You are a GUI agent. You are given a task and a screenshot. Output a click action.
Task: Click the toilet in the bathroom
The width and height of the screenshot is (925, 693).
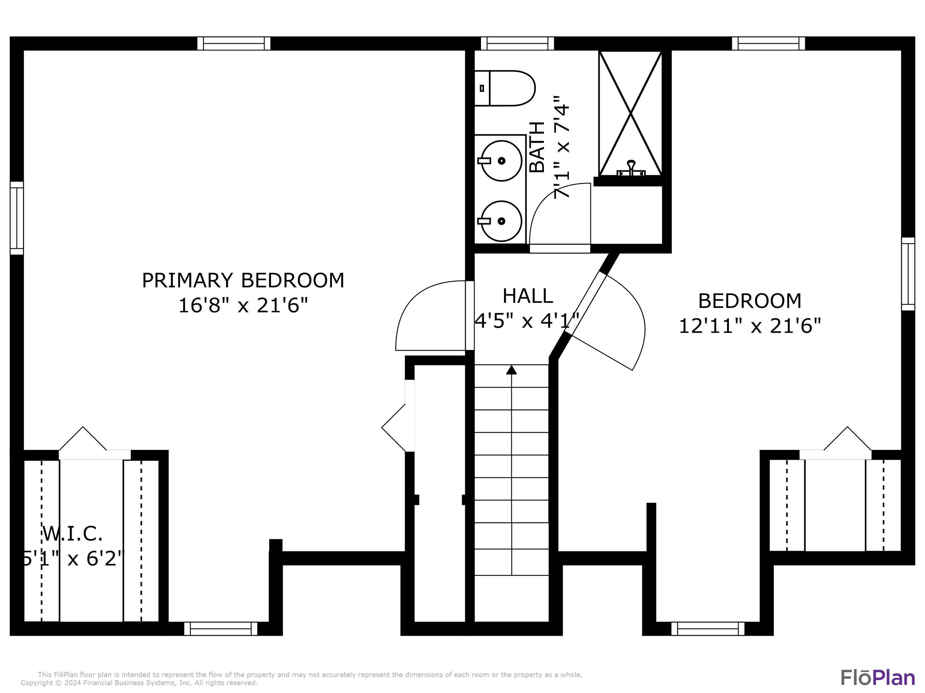click(505, 88)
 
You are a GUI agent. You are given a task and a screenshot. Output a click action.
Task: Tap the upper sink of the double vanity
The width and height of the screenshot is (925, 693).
click(501, 161)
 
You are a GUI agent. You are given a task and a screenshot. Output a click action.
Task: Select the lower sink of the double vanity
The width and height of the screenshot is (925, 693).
click(501, 221)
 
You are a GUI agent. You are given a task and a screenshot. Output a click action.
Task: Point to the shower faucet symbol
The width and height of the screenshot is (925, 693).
click(631, 168)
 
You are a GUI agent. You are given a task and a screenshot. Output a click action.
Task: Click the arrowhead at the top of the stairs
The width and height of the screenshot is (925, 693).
click(512, 370)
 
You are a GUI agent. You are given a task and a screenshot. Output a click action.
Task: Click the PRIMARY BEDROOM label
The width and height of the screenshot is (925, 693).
click(243, 280)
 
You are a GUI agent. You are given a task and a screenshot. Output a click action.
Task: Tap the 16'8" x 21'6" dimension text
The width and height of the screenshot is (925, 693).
click(243, 305)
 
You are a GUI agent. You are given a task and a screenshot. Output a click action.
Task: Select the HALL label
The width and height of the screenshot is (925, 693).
click(528, 296)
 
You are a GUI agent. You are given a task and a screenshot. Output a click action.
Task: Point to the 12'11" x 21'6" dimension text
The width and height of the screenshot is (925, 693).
click(750, 326)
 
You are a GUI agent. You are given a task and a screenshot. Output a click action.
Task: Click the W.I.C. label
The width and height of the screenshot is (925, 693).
click(72, 533)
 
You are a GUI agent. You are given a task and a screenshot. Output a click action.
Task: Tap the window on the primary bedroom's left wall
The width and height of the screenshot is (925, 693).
click(17, 218)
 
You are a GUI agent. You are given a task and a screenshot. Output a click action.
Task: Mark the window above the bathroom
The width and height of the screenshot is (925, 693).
click(517, 43)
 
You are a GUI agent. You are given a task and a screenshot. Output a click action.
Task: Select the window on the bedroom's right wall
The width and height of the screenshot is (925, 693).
click(908, 274)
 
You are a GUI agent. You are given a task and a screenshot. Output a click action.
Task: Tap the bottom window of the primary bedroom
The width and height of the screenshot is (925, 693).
click(221, 629)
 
